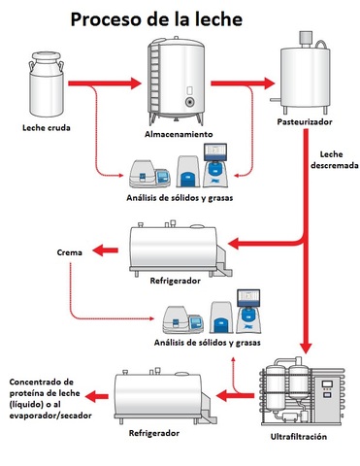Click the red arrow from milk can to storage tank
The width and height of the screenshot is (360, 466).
[x=106, y=83]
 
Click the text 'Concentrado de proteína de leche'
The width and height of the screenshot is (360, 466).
[x=43, y=393]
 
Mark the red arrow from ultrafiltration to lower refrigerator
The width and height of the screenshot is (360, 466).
[x=235, y=395]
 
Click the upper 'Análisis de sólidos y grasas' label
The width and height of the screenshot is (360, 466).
[x=179, y=199]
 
